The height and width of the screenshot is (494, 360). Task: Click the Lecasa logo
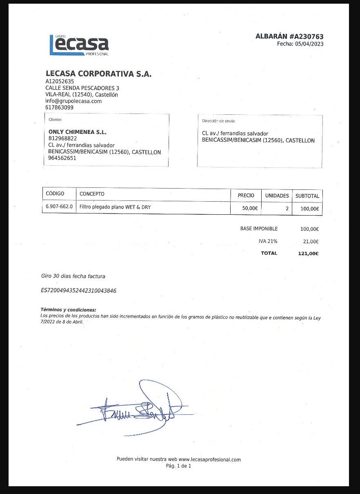[x=79, y=45]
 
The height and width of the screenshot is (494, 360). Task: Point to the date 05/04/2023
[x=309, y=44]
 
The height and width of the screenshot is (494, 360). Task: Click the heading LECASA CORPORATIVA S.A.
[x=98, y=74]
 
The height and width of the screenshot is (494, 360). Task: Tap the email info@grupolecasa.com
[x=73, y=101]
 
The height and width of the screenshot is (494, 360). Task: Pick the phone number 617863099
[x=60, y=108]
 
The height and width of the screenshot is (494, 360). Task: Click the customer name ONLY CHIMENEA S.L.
[x=77, y=132]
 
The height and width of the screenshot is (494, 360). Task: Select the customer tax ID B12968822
[x=62, y=139]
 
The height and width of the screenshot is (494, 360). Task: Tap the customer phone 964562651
[x=62, y=158]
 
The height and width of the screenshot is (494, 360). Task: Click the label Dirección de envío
[x=219, y=121]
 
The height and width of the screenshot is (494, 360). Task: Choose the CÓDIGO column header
[x=55, y=194]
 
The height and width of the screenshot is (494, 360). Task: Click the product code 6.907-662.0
[x=59, y=207]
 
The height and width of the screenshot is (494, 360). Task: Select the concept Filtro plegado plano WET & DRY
[x=115, y=207]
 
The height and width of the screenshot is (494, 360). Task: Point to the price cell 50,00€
[x=250, y=208]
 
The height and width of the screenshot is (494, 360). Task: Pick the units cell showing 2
[x=287, y=208]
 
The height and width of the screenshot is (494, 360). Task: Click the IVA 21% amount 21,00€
[x=309, y=241]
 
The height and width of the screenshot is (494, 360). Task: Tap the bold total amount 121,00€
[x=308, y=254]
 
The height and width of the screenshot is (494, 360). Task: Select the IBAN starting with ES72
[x=79, y=291]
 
